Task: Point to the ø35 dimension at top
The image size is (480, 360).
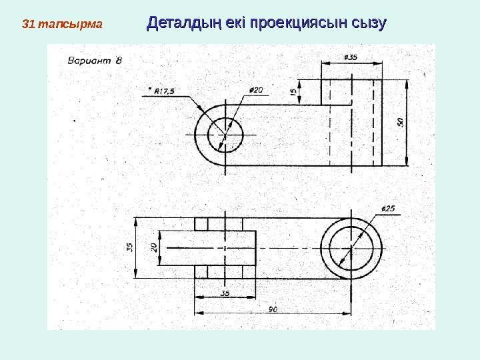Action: (x=351, y=57)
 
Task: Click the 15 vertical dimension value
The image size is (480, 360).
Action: (x=294, y=94)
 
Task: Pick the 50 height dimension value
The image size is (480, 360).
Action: (x=400, y=123)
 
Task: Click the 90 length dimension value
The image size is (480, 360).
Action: (x=273, y=309)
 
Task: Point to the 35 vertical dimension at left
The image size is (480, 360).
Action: (x=131, y=247)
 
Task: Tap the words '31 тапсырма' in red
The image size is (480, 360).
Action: (x=62, y=25)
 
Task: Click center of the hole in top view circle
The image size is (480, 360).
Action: (x=225, y=135)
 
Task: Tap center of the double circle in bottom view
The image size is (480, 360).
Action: (x=351, y=247)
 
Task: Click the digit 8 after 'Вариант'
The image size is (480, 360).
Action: (x=118, y=60)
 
